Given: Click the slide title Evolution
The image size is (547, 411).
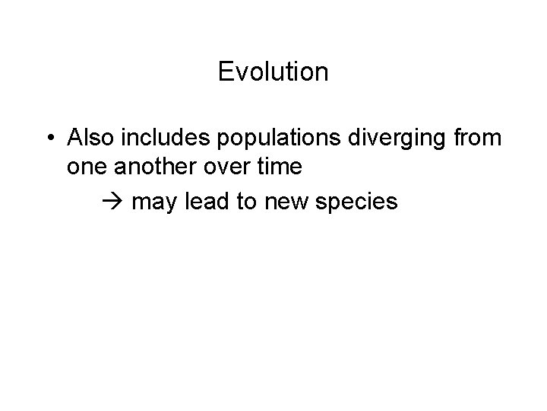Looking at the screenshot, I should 273,72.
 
